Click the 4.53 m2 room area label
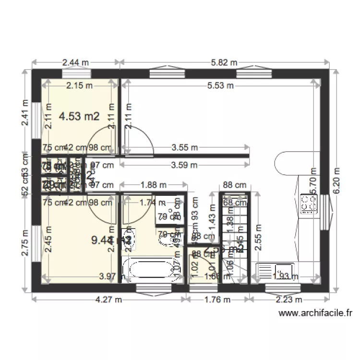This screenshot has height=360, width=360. (79, 116)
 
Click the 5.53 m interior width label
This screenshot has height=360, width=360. (220, 86)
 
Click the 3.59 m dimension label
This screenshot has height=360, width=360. (184, 165)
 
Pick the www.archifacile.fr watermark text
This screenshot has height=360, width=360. (315, 313)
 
